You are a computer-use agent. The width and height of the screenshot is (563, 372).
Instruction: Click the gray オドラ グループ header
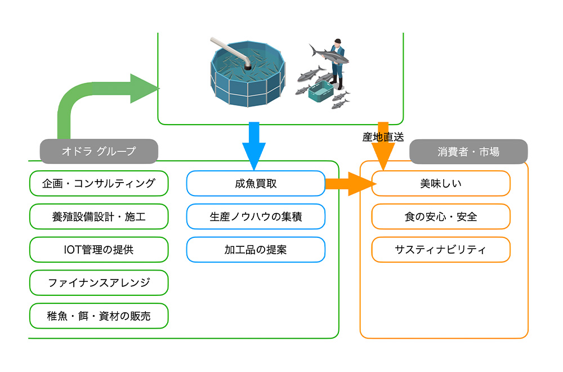pos(99,151)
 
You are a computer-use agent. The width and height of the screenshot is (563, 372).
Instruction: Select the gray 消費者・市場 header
pos(468,151)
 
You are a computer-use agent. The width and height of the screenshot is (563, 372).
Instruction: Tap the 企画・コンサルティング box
pos(99,183)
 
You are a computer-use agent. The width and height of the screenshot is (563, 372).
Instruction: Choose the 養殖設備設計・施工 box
pos(99,216)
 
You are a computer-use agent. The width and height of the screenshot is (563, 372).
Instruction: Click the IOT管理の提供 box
pos(99,250)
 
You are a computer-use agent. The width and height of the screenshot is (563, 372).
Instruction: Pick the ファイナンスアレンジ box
pos(99,283)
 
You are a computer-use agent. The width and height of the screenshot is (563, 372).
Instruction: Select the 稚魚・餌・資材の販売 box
pos(99,316)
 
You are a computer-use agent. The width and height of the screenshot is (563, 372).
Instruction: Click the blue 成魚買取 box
pos(256,183)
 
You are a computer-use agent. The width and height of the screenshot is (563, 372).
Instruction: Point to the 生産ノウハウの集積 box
pos(256,216)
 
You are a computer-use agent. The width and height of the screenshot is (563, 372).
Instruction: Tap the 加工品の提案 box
pos(256,250)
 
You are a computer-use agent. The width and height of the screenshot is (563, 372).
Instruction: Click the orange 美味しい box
pos(441,183)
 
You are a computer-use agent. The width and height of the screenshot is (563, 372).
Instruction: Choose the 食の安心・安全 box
pos(441,216)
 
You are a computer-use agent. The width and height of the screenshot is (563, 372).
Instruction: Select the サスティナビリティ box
pos(441,250)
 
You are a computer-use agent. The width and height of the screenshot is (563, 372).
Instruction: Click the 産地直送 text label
pos(383,137)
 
